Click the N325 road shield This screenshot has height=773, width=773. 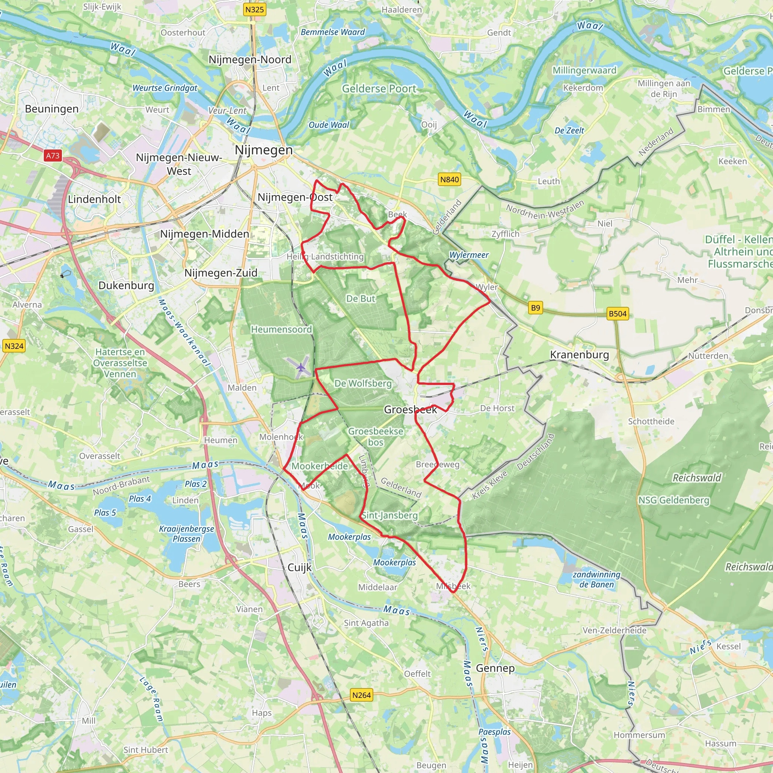click(254, 9)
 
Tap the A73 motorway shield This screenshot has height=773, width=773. click(52, 156)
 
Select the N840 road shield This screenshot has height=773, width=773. click(449, 180)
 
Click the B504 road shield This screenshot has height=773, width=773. click(617, 314)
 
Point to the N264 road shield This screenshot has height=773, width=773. click(361, 695)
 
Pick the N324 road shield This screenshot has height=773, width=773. click(14, 346)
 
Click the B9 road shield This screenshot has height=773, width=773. click(535, 308)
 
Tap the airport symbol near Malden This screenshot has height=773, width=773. click(300, 367)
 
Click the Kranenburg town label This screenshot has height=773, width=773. click(579, 355)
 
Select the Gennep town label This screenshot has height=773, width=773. click(495, 668)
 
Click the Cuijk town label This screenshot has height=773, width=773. click(299, 567)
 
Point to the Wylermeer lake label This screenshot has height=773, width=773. click(469, 255)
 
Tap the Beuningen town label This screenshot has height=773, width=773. click(52, 109)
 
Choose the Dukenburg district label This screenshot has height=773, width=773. click(126, 285)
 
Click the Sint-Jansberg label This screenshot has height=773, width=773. click(390, 515)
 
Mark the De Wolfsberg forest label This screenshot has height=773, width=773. click(363, 383)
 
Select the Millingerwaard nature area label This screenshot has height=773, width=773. click(584, 71)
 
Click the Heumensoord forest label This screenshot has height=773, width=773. click(281, 329)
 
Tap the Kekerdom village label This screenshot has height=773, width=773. click(583, 88)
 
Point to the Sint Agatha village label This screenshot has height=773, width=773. click(366, 623)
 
